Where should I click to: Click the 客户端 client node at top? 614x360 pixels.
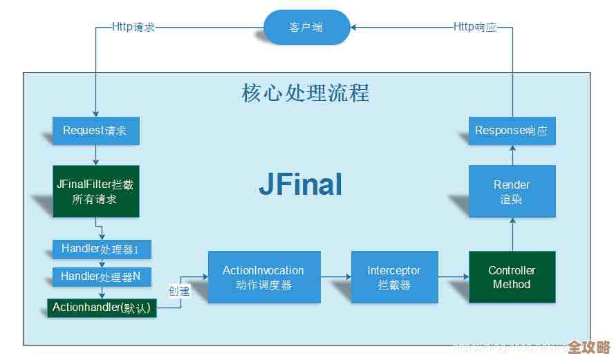pyautogui.click(x=306, y=28)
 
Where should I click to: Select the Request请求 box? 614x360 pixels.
pyautogui.click(x=96, y=131)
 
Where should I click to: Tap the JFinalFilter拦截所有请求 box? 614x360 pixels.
pyautogui.click(x=96, y=191)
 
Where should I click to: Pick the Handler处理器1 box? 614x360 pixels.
pyautogui.click(x=96, y=249)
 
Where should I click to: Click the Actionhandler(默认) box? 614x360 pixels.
pyautogui.click(x=102, y=308)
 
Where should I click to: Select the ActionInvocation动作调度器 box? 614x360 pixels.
pyautogui.click(x=263, y=277)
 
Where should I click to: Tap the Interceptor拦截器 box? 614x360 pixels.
pyautogui.click(x=394, y=277)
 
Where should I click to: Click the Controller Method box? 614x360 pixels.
pyautogui.click(x=512, y=277)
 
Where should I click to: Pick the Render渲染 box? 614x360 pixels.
pyautogui.click(x=512, y=191)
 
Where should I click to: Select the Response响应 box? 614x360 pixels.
pyautogui.click(x=512, y=131)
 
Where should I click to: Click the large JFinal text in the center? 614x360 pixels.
pyautogui.click(x=301, y=184)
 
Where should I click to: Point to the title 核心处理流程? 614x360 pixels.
pyautogui.click(x=305, y=93)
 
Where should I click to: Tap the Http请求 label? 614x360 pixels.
pyautogui.click(x=134, y=28)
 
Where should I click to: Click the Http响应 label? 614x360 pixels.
pyautogui.click(x=475, y=28)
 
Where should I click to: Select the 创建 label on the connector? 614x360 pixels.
pyautogui.click(x=178, y=291)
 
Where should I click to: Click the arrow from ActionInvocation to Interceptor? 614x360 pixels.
pyautogui.click(x=336, y=277)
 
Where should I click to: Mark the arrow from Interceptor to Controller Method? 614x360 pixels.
pyautogui.click(x=454, y=277)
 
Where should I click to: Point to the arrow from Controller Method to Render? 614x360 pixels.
pyautogui.click(x=512, y=234)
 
